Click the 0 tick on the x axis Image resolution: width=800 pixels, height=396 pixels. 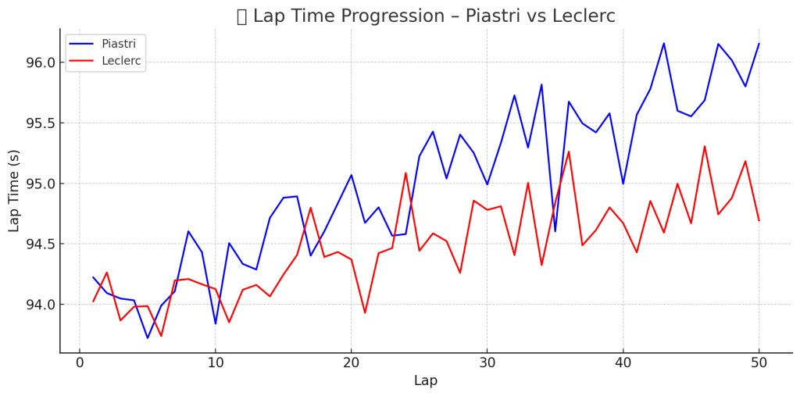[x=80, y=363]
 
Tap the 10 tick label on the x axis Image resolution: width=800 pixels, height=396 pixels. [x=216, y=363]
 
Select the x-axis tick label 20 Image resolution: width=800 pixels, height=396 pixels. [x=352, y=363]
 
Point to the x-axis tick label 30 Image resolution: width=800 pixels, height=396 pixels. [x=487, y=363]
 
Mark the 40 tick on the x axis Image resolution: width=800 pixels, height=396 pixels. [x=623, y=363]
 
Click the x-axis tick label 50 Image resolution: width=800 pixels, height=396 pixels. [x=759, y=363]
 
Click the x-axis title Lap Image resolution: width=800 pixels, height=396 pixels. [x=426, y=381]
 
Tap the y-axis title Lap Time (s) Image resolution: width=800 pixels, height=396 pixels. [x=15, y=191]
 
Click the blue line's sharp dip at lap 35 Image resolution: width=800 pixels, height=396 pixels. [x=555, y=231]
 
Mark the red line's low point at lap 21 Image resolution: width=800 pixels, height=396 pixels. [x=365, y=313]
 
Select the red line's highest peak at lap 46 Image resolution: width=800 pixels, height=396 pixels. [x=705, y=146]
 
